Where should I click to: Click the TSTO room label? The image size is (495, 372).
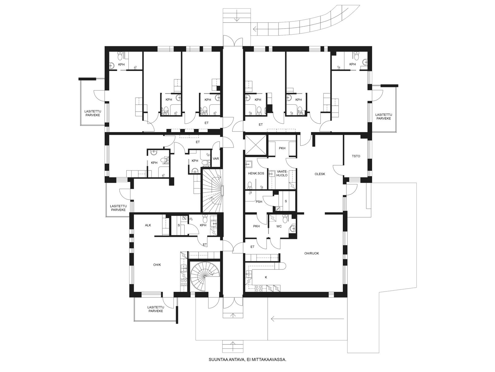356,156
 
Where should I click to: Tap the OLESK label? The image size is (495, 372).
320,174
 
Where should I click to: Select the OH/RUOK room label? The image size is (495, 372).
312,253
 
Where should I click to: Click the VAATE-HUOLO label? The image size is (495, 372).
282,174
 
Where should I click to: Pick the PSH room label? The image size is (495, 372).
259,202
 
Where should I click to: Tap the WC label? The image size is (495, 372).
279,227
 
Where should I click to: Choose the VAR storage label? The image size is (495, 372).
216,159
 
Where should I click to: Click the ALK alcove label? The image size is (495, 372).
148,225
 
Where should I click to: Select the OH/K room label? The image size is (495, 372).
157,265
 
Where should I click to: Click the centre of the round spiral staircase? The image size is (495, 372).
204,277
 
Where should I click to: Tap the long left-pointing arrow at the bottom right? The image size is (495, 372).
308,319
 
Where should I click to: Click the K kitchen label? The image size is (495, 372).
266,277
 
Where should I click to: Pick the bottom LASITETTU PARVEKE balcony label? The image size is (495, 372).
155,309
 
